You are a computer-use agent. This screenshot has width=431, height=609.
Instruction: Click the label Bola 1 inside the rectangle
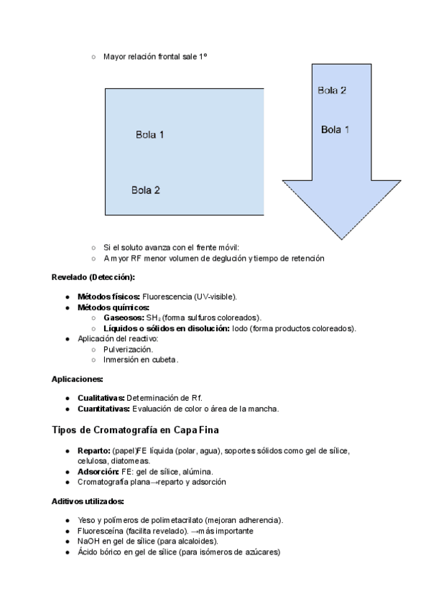tap(150, 134)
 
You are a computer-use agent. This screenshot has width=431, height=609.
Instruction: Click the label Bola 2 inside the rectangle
tap(146, 190)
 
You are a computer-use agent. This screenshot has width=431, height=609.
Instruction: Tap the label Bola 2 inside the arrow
tap(332, 90)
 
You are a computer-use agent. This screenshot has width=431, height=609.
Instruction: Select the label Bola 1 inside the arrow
tap(335, 130)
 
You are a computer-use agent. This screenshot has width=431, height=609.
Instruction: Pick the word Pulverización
tap(128, 349)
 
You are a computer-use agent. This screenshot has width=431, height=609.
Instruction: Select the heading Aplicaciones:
tap(78, 378)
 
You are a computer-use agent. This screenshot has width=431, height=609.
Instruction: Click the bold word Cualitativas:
tap(101, 398)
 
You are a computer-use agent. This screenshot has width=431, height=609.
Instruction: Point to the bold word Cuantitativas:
tap(103, 409)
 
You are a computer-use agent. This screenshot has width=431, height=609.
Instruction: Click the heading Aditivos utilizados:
tap(88, 501)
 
